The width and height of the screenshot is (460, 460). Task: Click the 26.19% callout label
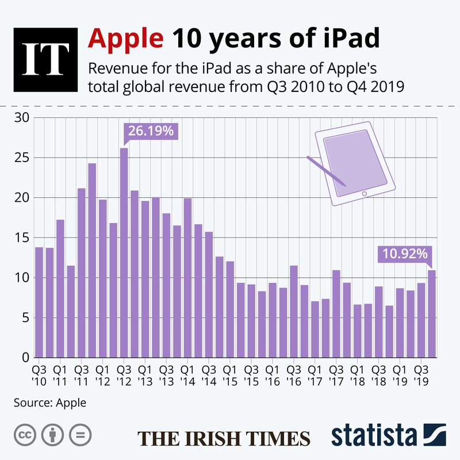(x=151, y=131)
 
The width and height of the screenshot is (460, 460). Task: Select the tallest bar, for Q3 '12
(x=124, y=253)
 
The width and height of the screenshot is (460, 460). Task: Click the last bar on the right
(x=431, y=313)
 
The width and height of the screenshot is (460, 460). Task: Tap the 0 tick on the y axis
(x=25, y=358)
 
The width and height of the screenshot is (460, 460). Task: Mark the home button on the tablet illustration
(x=363, y=194)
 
